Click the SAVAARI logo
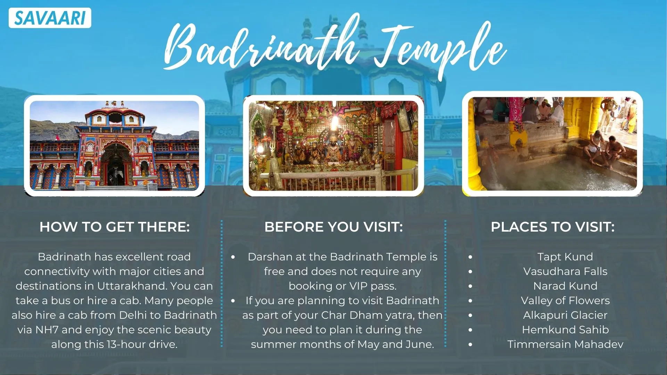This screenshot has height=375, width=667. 50,18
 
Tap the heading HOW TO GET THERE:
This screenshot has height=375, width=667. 115,227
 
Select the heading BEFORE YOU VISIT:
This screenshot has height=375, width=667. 333,227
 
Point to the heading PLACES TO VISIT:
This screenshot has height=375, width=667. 552,227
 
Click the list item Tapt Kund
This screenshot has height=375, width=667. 565,257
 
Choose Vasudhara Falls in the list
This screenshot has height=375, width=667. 565,272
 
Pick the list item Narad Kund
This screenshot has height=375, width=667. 565,286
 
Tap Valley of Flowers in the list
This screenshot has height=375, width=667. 565,301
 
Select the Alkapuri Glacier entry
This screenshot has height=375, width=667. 565,315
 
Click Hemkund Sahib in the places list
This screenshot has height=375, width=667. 565,330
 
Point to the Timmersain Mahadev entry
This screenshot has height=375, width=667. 565,344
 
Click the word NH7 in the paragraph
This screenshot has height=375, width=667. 47,330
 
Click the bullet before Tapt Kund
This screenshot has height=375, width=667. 470,257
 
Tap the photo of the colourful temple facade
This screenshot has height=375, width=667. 114,145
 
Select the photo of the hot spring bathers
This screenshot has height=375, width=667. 552,144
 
